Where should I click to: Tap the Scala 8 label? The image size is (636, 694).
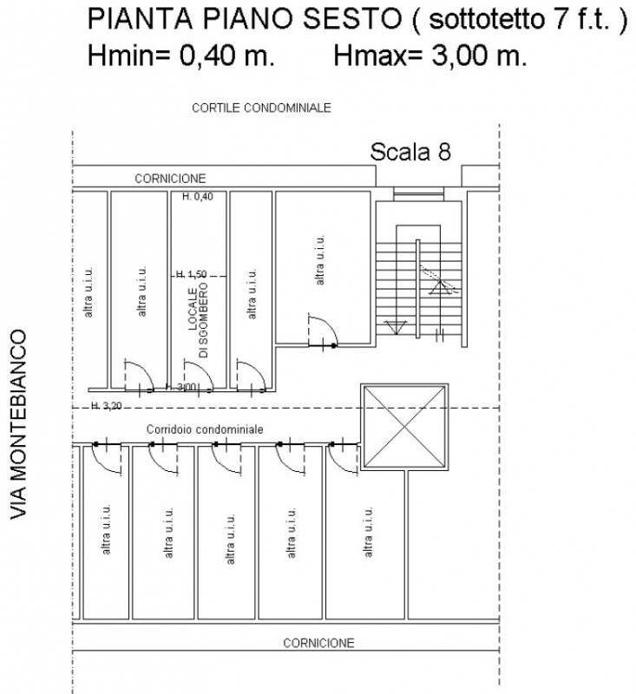point(410,152)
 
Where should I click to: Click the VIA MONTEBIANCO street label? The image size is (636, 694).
point(19,424)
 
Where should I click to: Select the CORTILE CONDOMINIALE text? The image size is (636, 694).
point(261,108)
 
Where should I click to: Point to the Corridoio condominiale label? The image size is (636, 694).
point(205,429)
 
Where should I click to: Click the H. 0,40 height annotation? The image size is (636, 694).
point(198,196)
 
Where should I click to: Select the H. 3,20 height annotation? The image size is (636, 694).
point(106,405)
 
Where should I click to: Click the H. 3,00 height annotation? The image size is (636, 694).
point(181,387)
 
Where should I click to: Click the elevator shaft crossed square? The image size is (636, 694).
point(404,427)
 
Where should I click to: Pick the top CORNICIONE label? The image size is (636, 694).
point(170,179)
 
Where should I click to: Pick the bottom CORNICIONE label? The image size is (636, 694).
point(318,643)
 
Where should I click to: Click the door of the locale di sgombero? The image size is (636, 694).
point(199,376)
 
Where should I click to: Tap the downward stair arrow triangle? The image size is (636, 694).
point(396,327)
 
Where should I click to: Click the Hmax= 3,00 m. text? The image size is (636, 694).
point(430,56)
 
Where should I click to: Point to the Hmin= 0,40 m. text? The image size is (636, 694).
point(181,56)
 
